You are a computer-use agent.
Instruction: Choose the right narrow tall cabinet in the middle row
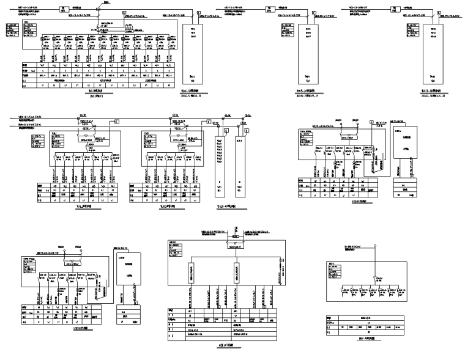pyautogui.click(x=239, y=165)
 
